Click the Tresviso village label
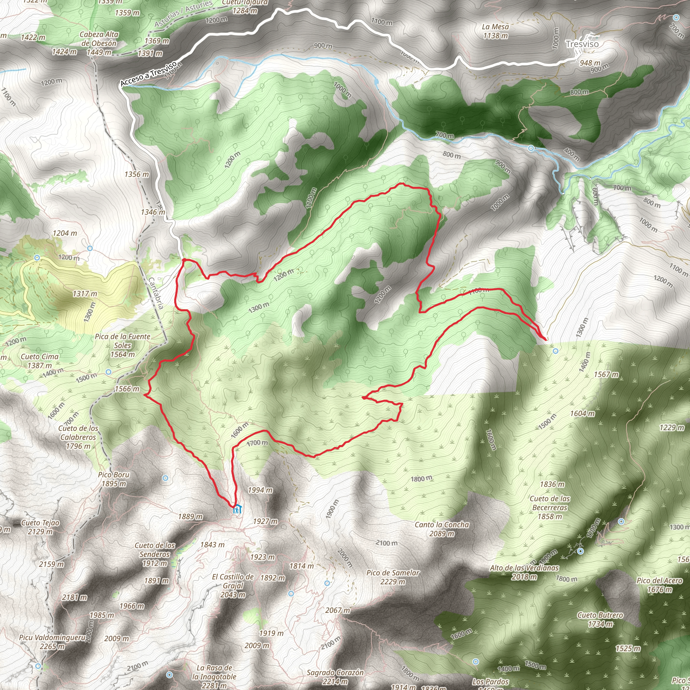pyautogui.click(x=582, y=44)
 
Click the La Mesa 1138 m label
pyautogui.click(x=495, y=31)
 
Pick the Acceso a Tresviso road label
pyautogui.click(x=149, y=73)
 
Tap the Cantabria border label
pyautogui.click(x=156, y=293)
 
